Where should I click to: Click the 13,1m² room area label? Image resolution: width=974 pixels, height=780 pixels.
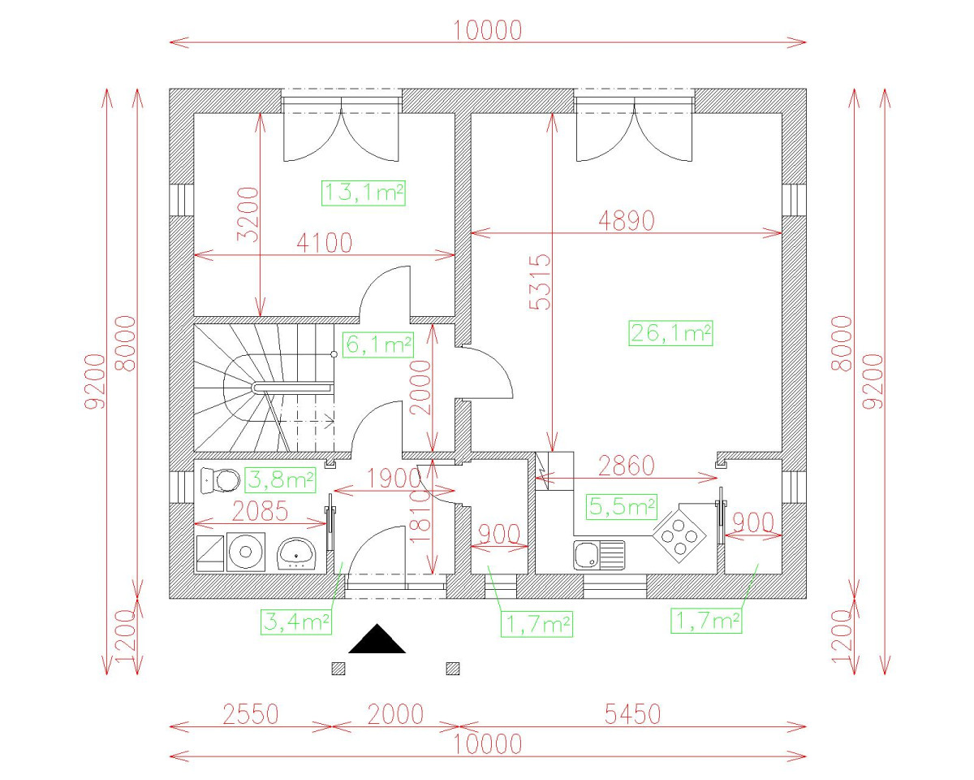(x=364, y=193)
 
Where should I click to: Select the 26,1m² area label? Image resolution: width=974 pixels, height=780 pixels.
(x=670, y=332)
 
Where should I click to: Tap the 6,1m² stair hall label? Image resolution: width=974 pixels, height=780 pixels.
(x=377, y=344)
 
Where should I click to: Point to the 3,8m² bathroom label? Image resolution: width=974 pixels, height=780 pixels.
(x=280, y=480)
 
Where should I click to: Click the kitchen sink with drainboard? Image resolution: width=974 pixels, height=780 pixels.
(x=599, y=556)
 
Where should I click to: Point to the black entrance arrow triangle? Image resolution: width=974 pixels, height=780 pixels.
(x=377, y=640)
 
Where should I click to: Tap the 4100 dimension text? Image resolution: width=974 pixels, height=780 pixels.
(x=324, y=242)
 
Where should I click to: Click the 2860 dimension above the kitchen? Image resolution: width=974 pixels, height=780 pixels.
(x=625, y=466)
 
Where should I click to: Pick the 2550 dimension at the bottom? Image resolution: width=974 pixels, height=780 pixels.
(x=250, y=714)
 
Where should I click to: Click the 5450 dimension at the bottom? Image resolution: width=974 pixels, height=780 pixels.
(x=632, y=714)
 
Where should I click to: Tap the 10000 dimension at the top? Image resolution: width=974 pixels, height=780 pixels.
(x=487, y=30)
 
